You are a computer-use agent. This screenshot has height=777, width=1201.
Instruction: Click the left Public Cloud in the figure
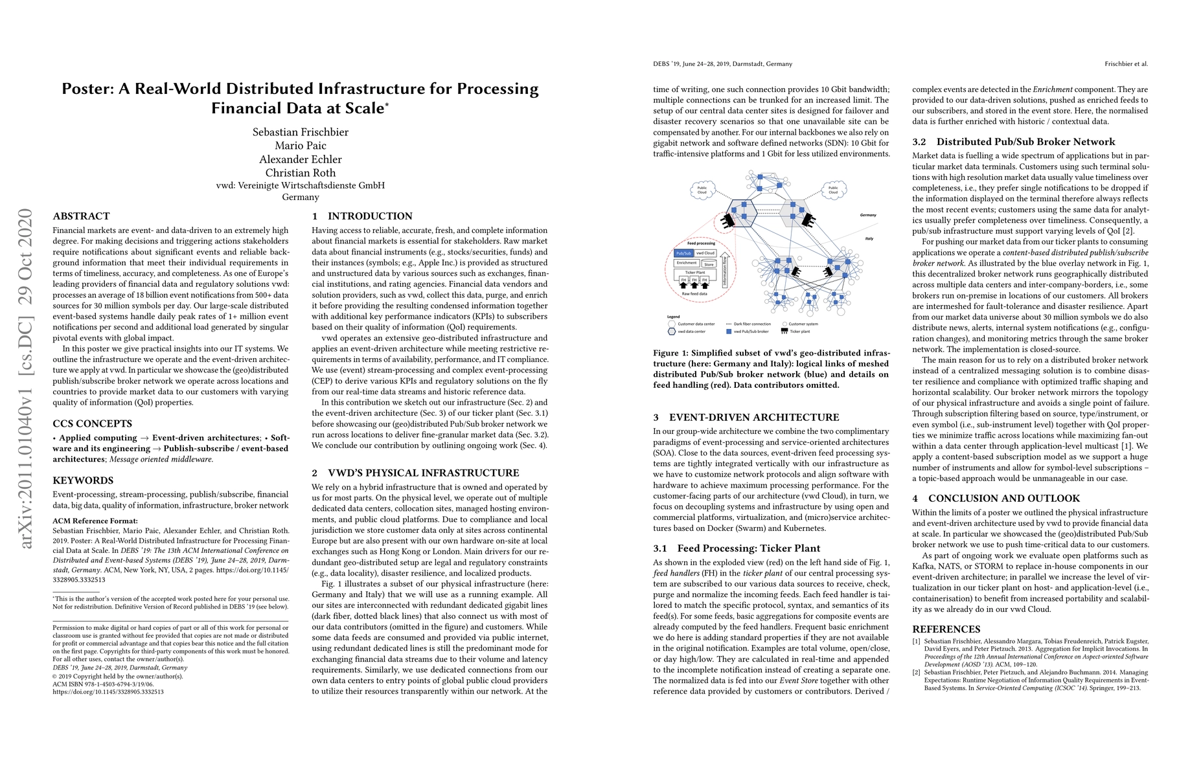click(x=702, y=190)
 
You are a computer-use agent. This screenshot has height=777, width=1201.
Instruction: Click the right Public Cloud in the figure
click(x=833, y=190)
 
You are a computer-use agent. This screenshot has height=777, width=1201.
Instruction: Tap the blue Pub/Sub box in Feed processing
click(x=683, y=253)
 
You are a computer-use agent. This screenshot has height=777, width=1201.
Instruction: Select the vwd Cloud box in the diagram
click(x=705, y=253)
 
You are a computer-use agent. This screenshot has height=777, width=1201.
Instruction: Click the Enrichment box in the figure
click(x=687, y=263)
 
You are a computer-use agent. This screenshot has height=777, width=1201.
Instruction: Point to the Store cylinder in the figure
click(x=709, y=264)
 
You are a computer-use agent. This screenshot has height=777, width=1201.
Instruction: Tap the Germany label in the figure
click(x=868, y=215)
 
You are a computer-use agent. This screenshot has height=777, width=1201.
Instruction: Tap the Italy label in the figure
click(x=869, y=238)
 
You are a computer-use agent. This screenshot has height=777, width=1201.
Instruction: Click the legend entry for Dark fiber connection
click(x=751, y=324)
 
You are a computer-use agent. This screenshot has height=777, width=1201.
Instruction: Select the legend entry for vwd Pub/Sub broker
click(x=750, y=332)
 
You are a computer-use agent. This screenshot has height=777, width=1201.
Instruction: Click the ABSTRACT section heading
click(x=81, y=216)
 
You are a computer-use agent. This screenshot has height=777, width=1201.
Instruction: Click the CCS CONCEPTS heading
click(x=92, y=424)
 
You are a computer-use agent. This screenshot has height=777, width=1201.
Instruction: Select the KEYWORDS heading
click(x=83, y=480)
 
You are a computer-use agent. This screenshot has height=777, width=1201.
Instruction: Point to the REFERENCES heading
click(x=946, y=629)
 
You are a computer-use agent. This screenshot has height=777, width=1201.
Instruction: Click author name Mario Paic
click(x=301, y=146)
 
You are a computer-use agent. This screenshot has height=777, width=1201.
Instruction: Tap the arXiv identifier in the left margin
click(x=26, y=379)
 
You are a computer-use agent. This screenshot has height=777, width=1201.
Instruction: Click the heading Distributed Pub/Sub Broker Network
click(x=1025, y=142)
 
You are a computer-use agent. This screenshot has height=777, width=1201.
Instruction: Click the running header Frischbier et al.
click(x=1126, y=64)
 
